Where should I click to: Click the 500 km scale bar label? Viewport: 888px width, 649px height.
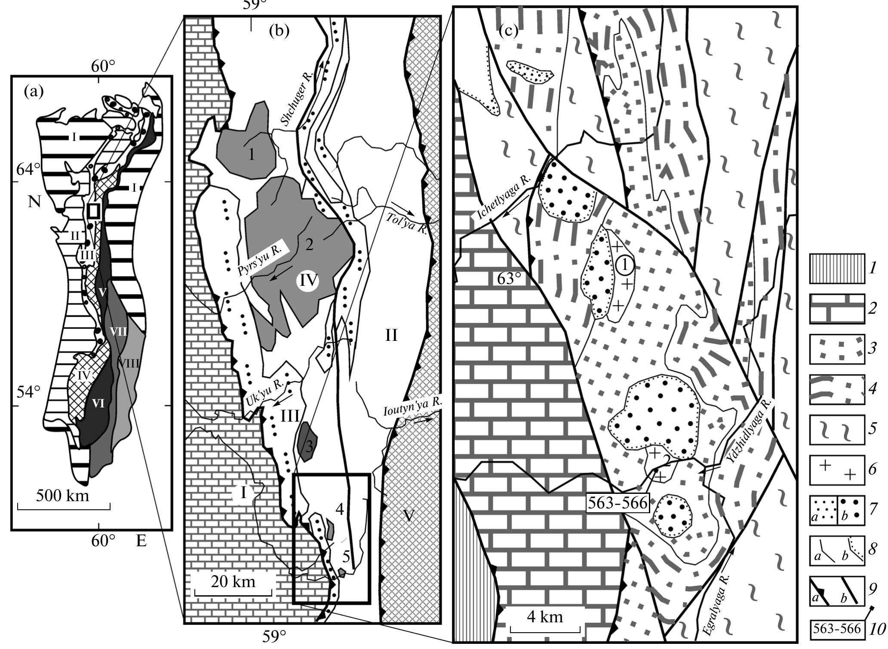[x=63, y=496]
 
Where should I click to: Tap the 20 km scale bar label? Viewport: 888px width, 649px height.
[x=233, y=582]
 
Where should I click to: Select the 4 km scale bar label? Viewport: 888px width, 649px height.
[x=545, y=617]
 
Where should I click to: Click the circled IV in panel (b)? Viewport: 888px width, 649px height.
[x=308, y=282]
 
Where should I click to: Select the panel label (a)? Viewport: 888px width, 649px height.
[x=34, y=91]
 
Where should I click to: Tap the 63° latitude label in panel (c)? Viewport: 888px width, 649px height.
[x=509, y=279]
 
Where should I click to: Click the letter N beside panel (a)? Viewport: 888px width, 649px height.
[x=34, y=202]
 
